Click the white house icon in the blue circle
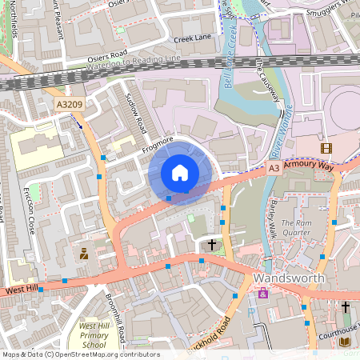tap(180, 172)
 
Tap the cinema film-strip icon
tap(326, 148)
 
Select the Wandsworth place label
tap(289, 278)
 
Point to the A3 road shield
tap(274, 168)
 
